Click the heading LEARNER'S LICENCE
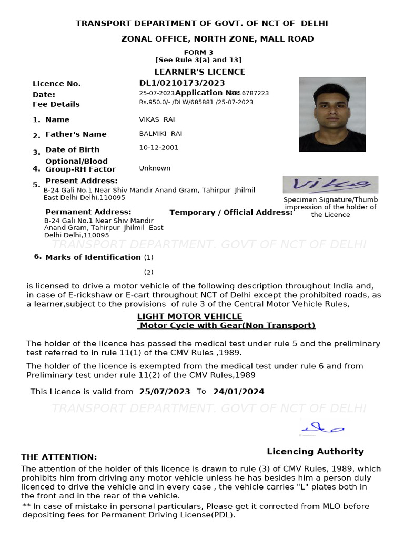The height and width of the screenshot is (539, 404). tap(199, 72)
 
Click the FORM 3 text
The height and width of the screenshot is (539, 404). tap(198, 52)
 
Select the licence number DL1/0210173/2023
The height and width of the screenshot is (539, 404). tap(181, 83)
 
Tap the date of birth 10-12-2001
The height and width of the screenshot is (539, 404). tap(158, 147)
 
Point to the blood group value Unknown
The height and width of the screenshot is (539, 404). tap(155, 168)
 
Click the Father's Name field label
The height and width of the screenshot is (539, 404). tap(76, 134)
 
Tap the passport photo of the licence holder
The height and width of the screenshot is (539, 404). tap(332, 114)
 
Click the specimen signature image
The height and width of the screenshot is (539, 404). tap(330, 184)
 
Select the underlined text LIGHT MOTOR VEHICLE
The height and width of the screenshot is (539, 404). tap(189, 316)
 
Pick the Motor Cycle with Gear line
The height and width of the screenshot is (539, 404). tap(226, 325)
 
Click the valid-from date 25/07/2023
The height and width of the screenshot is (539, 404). tap(165, 392)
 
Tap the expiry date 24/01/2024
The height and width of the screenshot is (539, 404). tap(238, 392)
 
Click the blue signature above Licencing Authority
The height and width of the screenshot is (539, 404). tap(322, 427)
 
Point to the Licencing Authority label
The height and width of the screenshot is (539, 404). tap(315, 451)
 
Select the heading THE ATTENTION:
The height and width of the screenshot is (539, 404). tap(59, 457)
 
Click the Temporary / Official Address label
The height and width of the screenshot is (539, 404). tap(231, 213)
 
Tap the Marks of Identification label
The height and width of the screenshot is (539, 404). tap(93, 257)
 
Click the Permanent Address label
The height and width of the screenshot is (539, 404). tap(88, 212)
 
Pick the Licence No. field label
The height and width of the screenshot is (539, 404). tap(57, 84)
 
